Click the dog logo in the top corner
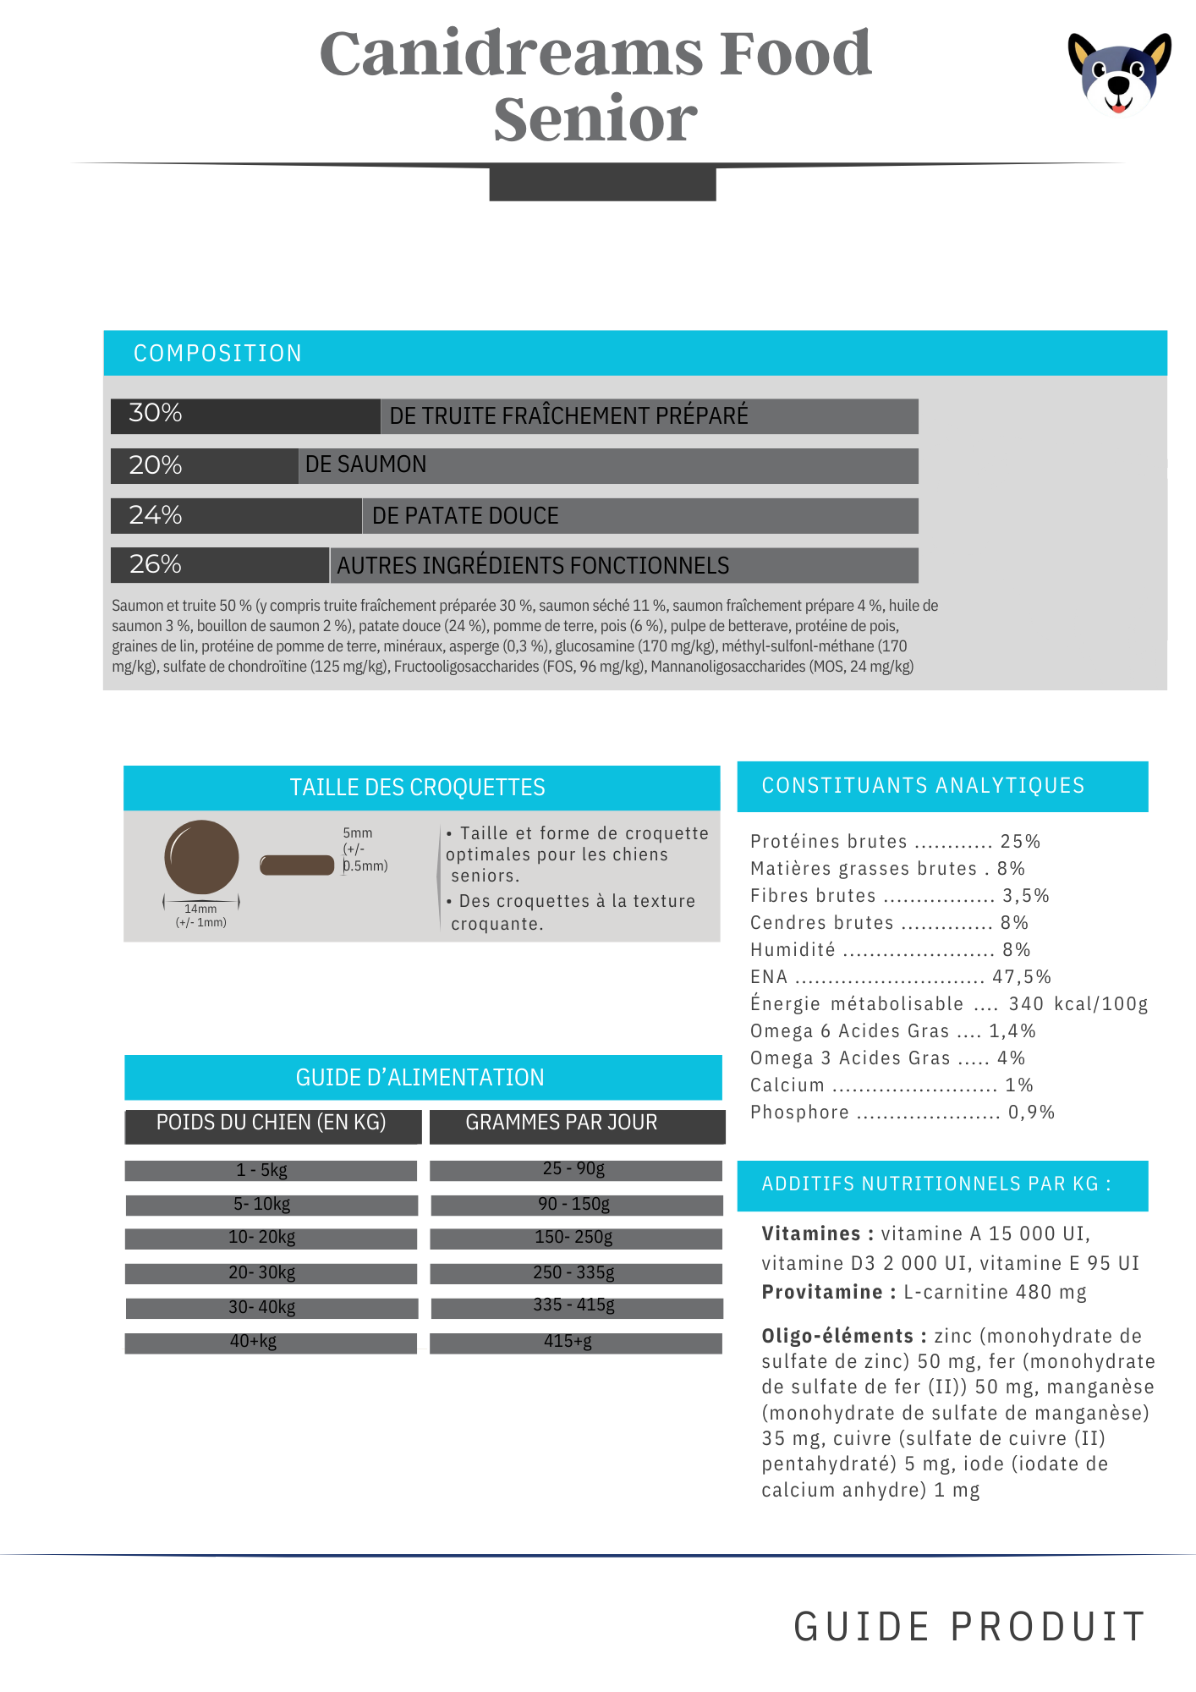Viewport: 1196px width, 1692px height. [1119, 74]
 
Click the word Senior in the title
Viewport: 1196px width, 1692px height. [595, 119]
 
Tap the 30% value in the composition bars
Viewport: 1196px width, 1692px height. [156, 413]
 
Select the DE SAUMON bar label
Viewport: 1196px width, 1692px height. [365, 464]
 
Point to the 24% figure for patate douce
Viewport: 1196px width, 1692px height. [156, 514]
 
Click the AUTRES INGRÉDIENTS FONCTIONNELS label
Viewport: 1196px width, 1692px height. [533, 565]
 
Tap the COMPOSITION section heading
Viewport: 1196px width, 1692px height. [217, 353]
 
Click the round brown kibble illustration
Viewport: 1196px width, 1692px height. [201, 857]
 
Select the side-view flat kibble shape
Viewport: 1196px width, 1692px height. [297, 865]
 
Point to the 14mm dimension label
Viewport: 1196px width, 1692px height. [200, 909]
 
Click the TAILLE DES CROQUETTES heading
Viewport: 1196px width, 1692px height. [417, 788]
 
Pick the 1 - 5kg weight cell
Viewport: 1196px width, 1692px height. [262, 1170]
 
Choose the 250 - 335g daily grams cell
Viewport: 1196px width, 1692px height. [574, 1272]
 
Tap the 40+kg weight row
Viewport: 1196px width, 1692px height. [254, 1341]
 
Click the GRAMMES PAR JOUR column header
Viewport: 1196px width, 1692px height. [562, 1123]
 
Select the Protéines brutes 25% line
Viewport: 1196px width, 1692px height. [895, 842]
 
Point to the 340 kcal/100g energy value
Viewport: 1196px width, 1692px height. [1078, 1004]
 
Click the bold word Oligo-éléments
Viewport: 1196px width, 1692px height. [837, 1336]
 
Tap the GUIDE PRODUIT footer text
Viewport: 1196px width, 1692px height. [969, 1627]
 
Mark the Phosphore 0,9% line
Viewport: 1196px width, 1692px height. [902, 1112]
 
